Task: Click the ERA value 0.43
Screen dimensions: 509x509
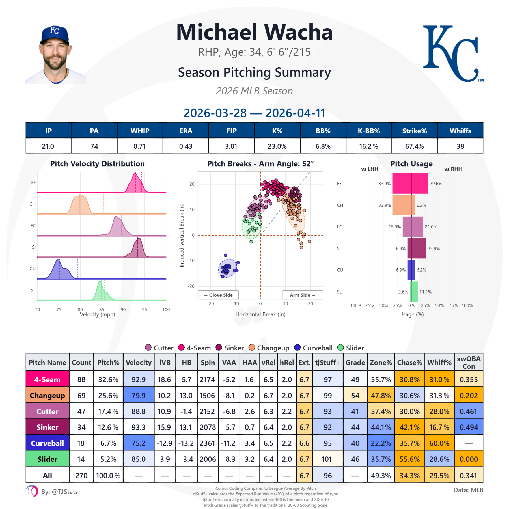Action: coord(186,146)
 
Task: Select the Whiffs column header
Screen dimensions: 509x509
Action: coord(460,131)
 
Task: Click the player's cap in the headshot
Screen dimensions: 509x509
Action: coord(55,34)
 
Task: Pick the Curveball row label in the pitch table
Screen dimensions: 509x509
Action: coord(47,443)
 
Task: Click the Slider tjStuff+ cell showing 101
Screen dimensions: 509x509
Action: coord(327,459)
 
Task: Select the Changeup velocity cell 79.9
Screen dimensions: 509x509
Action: coord(138,395)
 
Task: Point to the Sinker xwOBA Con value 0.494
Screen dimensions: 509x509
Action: coord(468,427)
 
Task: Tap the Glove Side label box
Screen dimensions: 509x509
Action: coord(218,295)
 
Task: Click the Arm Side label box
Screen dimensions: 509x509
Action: coord(302,295)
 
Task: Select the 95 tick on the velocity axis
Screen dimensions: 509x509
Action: coord(144,310)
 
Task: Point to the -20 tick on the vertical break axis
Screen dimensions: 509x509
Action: coord(191,286)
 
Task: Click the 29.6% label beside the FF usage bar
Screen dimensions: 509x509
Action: coord(436,184)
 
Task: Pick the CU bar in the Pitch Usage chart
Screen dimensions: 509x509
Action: coord(411,270)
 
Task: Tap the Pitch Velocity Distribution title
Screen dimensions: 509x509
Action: coord(97,164)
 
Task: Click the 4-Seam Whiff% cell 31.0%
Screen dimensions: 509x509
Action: coord(439,379)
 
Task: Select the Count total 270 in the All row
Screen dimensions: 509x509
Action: coord(81,475)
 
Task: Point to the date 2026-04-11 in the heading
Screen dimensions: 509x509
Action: coord(295,113)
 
